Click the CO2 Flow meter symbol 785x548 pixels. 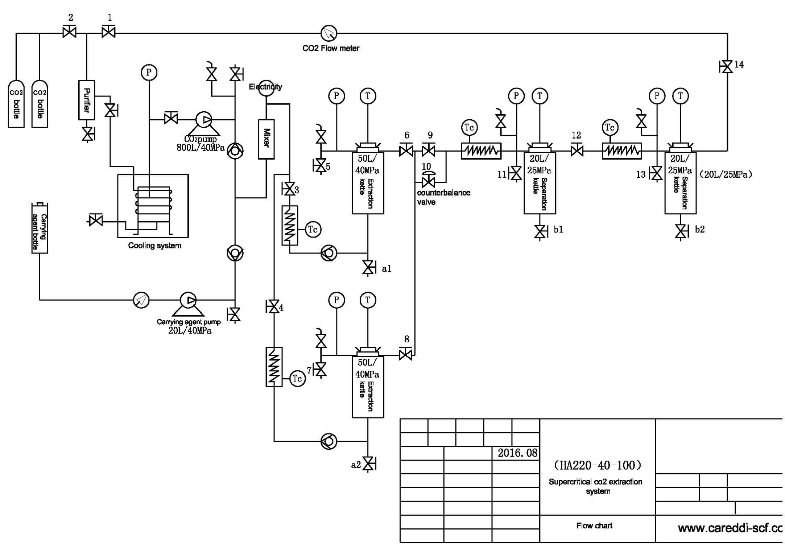(329, 33)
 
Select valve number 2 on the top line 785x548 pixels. (69, 32)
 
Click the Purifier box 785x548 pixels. (87, 100)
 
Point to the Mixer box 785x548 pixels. (266, 139)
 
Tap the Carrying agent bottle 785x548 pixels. (40, 228)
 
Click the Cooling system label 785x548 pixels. (154, 246)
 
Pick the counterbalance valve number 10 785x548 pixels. (429, 180)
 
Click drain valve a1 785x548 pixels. (368, 268)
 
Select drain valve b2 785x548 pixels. (681, 231)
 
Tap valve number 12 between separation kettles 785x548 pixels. (577, 151)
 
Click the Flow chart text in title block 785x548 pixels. (594, 526)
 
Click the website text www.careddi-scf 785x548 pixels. (729, 528)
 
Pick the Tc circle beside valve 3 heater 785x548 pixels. (313, 229)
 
